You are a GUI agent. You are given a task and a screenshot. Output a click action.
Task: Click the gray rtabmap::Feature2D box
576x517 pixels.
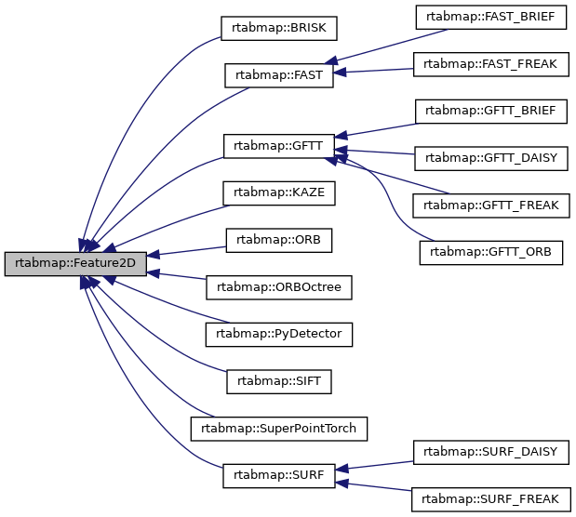click(74, 264)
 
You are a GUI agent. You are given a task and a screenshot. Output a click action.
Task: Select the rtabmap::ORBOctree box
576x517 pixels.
click(279, 287)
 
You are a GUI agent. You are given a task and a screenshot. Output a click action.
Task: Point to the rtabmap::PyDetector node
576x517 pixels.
click(279, 334)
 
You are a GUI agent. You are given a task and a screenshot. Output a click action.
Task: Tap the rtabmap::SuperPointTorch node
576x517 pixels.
click(279, 429)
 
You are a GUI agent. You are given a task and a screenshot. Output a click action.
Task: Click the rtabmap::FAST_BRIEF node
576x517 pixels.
click(490, 16)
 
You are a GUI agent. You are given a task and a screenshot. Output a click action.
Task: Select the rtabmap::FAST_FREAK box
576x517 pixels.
click(490, 63)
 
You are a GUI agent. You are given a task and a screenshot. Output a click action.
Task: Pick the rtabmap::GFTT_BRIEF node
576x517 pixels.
click(490, 111)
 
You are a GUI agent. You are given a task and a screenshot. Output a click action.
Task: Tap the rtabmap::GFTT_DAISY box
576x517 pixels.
click(490, 157)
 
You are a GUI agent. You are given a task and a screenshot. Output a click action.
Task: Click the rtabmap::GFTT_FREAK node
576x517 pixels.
click(490, 205)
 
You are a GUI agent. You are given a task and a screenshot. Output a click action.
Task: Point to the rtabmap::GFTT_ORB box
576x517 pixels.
click(490, 252)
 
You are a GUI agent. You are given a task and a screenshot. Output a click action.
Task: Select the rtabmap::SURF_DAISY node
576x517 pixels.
click(490, 452)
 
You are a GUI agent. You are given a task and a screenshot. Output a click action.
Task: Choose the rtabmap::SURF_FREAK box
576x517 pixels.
click(490, 499)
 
